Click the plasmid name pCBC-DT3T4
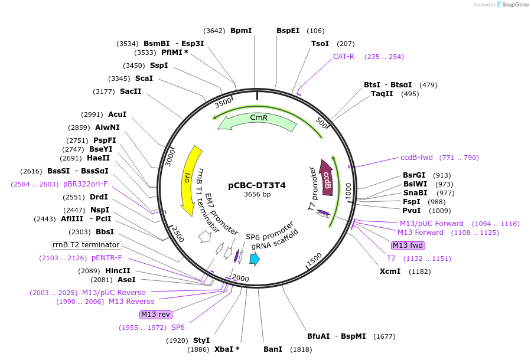(x=257, y=185)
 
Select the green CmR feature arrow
(x=258, y=122)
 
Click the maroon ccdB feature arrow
(x=326, y=177)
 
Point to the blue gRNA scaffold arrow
(x=255, y=258)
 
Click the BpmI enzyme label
(x=241, y=30)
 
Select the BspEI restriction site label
(x=288, y=30)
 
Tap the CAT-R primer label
(x=344, y=57)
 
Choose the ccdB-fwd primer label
(x=416, y=158)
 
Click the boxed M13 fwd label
(x=408, y=246)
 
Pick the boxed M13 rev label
(x=155, y=314)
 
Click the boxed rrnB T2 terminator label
(x=86, y=245)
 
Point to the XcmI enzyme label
(x=390, y=271)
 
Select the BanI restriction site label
(x=273, y=349)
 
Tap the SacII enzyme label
(x=131, y=91)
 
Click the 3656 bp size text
(x=257, y=195)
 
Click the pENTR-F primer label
(x=107, y=258)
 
